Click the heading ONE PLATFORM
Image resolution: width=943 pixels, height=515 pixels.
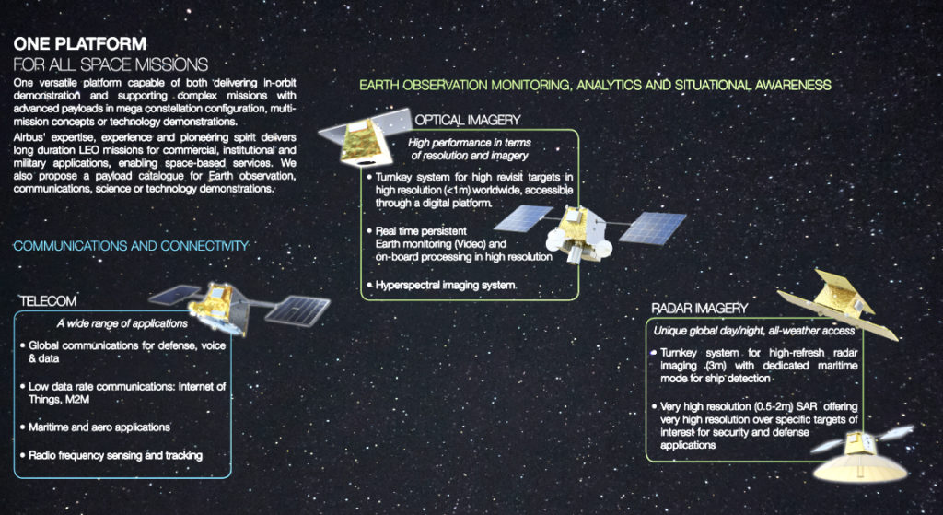[79, 44]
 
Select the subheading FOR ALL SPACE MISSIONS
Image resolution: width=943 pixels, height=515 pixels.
[111, 64]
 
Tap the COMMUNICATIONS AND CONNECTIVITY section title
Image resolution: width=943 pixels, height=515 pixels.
[131, 246]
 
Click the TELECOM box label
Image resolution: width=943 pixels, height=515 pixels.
[48, 301]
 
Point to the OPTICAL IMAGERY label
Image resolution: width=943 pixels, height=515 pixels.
[467, 121]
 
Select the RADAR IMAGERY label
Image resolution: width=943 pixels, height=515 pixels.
[700, 309]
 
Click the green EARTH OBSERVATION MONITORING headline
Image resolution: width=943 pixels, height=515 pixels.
[596, 85]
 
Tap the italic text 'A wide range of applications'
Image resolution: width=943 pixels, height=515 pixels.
[122, 323]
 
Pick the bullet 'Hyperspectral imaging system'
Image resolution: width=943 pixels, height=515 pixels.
[440, 285]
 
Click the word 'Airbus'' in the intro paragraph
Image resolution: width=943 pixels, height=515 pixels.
[29, 138]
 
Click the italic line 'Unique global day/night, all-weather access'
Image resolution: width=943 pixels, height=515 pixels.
[754, 331]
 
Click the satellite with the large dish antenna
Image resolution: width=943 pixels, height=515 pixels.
[862, 455]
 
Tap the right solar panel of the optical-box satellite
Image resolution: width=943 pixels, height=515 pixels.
[652, 228]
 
